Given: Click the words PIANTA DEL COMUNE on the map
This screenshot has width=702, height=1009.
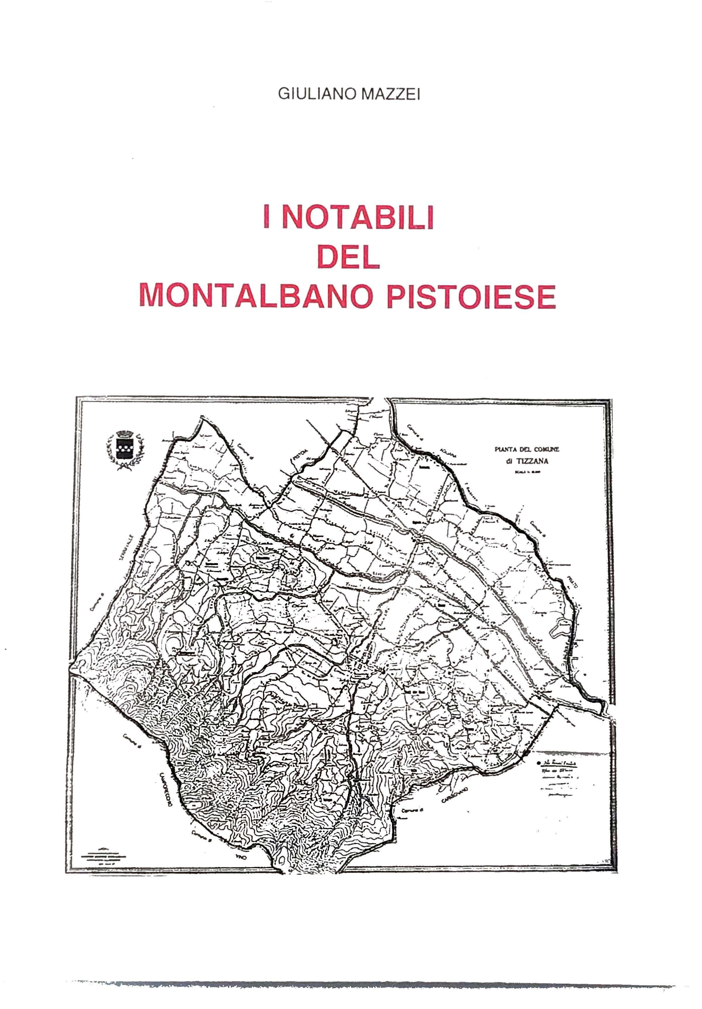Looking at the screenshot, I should coord(527,449).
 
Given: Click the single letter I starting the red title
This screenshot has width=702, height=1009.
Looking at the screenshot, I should coord(266,217).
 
